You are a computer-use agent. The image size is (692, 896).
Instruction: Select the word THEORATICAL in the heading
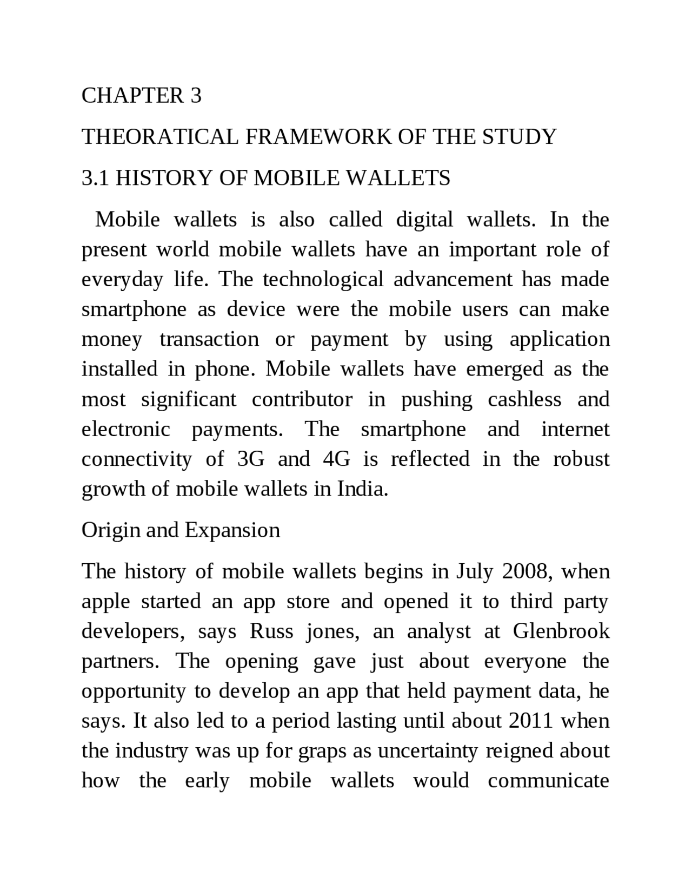pyautogui.click(x=159, y=137)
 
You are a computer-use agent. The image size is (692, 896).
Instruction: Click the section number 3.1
pyautogui.click(x=95, y=178)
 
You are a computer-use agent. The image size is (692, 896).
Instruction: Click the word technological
pyautogui.click(x=323, y=280)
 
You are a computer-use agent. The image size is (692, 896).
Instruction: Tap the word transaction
pyautogui.click(x=209, y=339)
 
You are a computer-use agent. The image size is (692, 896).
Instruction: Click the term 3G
pyautogui.click(x=251, y=459)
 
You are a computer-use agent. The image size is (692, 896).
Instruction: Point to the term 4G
pyautogui.click(x=336, y=459)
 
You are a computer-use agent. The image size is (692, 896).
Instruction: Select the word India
pyautogui.click(x=363, y=489)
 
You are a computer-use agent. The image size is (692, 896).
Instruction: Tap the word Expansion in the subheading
pyautogui.click(x=232, y=530)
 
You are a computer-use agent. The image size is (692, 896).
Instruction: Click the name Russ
pyautogui.click(x=271, y=631)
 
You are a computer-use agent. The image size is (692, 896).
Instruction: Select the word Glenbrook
pyautogui.click(x=561, y=631)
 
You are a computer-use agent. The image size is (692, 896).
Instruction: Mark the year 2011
pyautogui.click(x=530, y=721)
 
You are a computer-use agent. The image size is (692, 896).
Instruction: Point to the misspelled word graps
pyautogui.click(x=322, y=752)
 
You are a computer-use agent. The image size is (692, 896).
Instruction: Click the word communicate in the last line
pyautogui.click(x=548, y=781)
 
